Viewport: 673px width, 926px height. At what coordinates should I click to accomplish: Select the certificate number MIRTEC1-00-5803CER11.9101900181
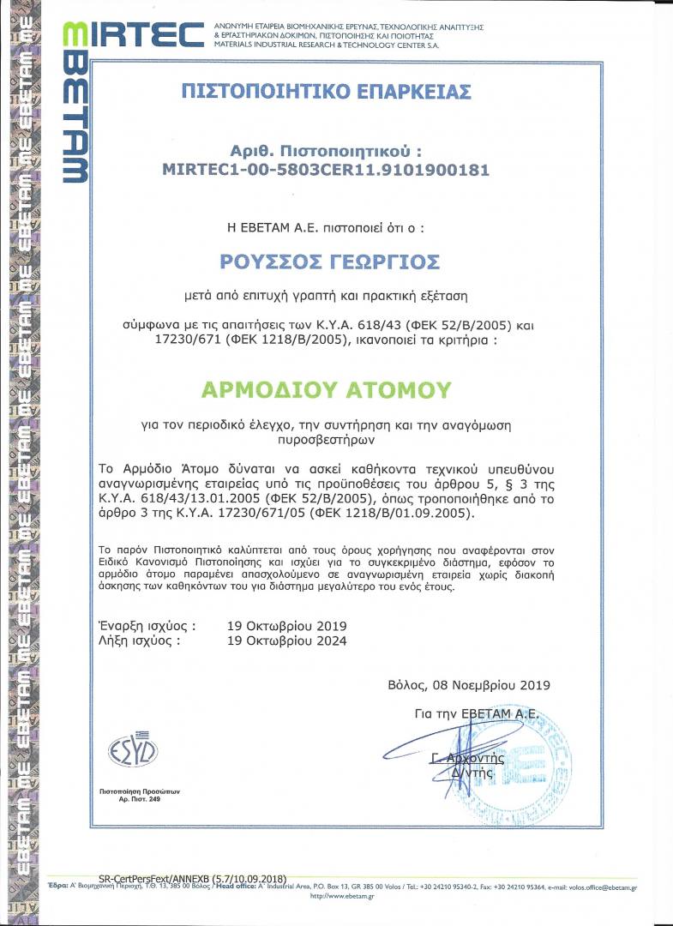pos(326,170)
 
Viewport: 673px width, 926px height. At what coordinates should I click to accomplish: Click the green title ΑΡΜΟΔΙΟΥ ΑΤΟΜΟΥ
pos(326,390)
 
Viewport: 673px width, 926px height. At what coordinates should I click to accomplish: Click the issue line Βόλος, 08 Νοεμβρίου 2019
pos(468,684)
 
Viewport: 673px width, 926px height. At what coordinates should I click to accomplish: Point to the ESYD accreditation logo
pos(133,752)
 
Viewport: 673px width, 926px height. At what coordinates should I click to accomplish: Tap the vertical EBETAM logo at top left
pos(75,103)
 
